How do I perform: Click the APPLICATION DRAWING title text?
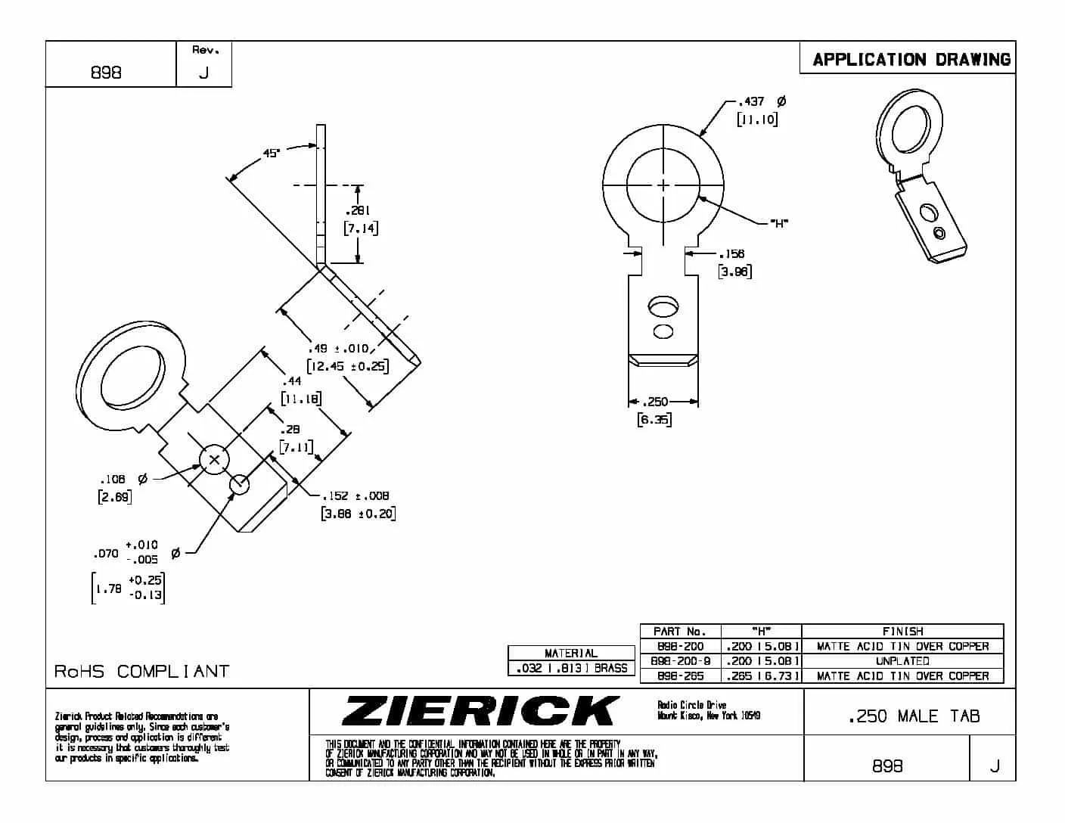[911, 59]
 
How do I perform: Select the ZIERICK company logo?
[480, 711]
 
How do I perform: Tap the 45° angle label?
[272, 154]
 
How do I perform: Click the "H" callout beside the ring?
[779, 222]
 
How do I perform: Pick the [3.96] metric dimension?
[734, 272]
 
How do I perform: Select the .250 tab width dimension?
[656, 402]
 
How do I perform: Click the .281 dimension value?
[357, 210]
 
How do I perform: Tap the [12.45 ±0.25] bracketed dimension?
[348, 366]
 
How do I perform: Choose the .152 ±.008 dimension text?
[356, 495]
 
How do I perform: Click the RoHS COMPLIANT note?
[141, 671]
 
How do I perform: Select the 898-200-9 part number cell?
[680, 661]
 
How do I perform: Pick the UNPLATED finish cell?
[902, 661]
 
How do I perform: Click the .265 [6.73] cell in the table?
[761, 675]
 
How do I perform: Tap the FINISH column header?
[902, 631]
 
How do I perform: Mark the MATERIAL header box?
[571, 653]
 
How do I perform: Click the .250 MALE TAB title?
[914, 716]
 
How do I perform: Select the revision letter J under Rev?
[203, 73]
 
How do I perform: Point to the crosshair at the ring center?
[663, 185]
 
